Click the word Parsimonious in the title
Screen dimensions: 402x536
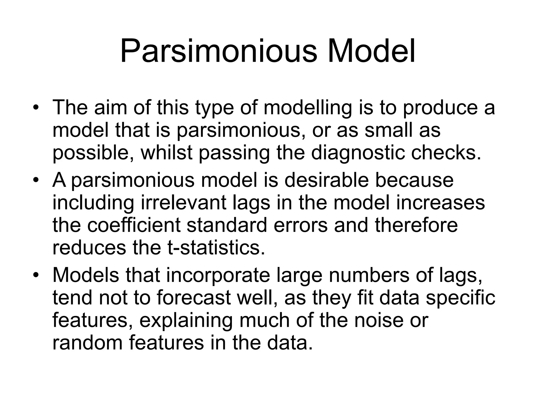point(219,51)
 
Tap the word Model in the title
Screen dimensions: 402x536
point(371,51)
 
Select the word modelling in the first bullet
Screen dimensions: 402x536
point(308,108)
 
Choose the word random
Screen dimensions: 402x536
point(87,343)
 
